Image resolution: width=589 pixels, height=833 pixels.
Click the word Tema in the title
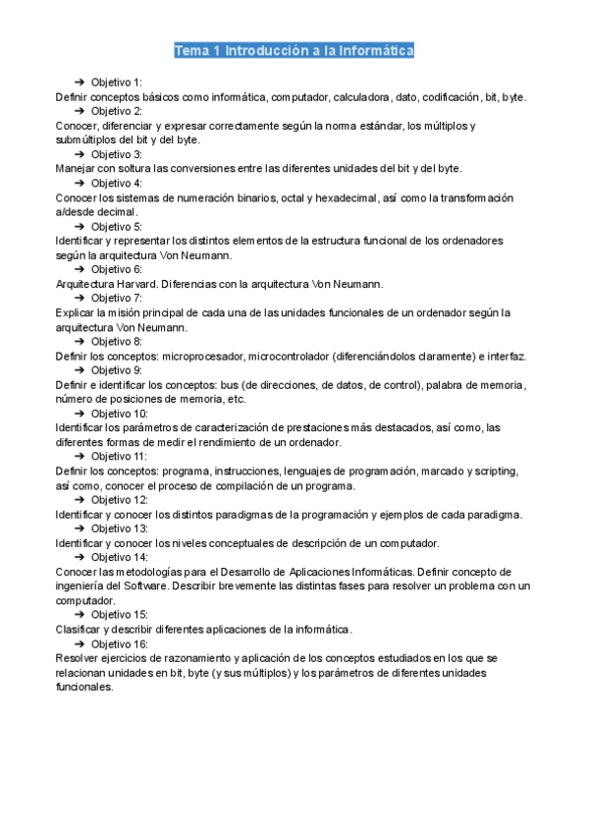click(191, 50)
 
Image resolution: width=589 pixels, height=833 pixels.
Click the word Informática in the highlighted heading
click(374, 50)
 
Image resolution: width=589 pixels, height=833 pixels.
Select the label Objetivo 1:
click(116, 82)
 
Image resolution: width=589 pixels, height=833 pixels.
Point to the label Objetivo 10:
click(120, 414)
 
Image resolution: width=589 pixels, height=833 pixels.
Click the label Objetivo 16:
click(120, 643)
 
